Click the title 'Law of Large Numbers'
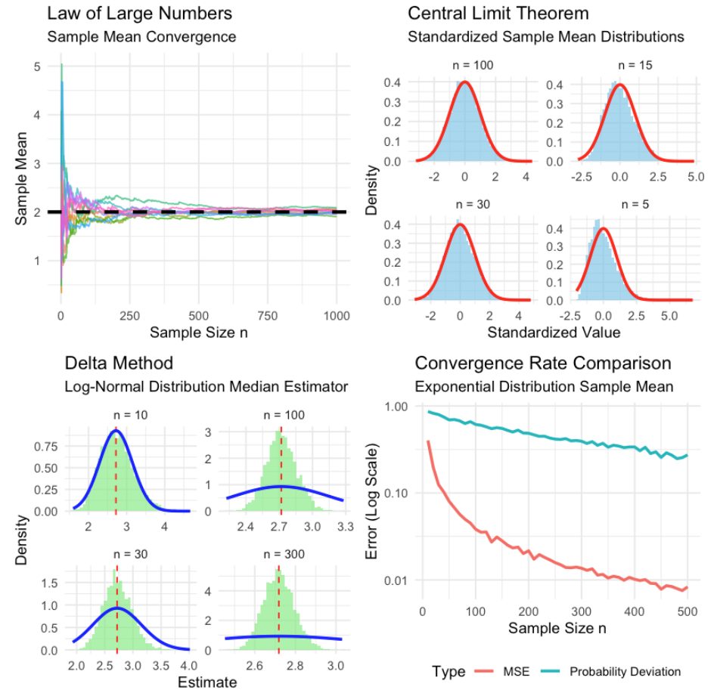pyautogui.click(x=140, y=14)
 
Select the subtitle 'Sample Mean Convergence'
pyautogui.click(x=141, y=36)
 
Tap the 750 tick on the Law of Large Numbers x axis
pyautogui.click(x=268, y=316)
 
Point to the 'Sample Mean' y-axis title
pyautogui.click(x=21, y=178)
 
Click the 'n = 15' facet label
pyautogui.click(x=635, y=65)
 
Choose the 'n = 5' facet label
pyautogui.click(x=635, y=204)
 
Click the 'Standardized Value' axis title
pyautogui.click(x=554, y=332)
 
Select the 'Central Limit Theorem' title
pyautogui.click(x=498, y=14)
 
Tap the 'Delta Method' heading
pyautogui.click(x=119, y=364)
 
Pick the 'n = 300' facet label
pyautogui.click(x=284, y=554)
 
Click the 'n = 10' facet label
pyautogui.click(x=131, y=415)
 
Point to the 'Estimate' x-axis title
pyautogui.click(x=207, y=682)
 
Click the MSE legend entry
pyautogui.click(x=502, y=672)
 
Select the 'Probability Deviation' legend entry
pyautogui.click(x=611, y=672)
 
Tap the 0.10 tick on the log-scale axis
pyautogui.click(x=396, y=493)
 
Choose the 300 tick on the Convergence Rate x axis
pyautogui.click(x=581, y=611)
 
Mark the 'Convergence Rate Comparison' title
pyautogui.click(x=543, y=364)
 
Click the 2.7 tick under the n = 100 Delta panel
pyautogui.click(x=279, y=527)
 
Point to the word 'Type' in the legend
pyautogui.click(x=449, y=672)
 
